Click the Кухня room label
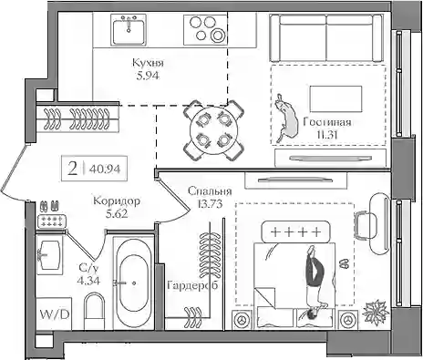pos(148,63)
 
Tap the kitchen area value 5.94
pos(148,76)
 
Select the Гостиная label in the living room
pos(327,122)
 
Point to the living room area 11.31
pos(327,135)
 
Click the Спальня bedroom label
pos(210,191)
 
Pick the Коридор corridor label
pos(117,201)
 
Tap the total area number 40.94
pos(105,169)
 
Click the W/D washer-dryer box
pos(54,314)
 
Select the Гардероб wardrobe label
pos(192,285)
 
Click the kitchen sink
pos(129,30)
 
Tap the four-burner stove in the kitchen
pos(205,30)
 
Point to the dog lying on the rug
pos(286,118)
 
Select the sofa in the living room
pos(325,38)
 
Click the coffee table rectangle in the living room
pos(335,98)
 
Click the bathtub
pos(134,283)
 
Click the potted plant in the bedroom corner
pos(376,313)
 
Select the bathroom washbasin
pos(48,255)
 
